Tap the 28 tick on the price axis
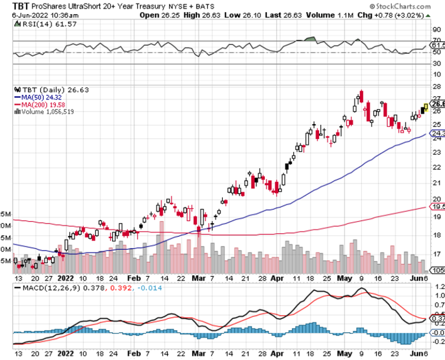tap(436, 86)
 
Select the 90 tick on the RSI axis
tap(436, 29)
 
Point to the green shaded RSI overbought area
tap(310, 39)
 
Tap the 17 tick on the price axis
tap(436, 254)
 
